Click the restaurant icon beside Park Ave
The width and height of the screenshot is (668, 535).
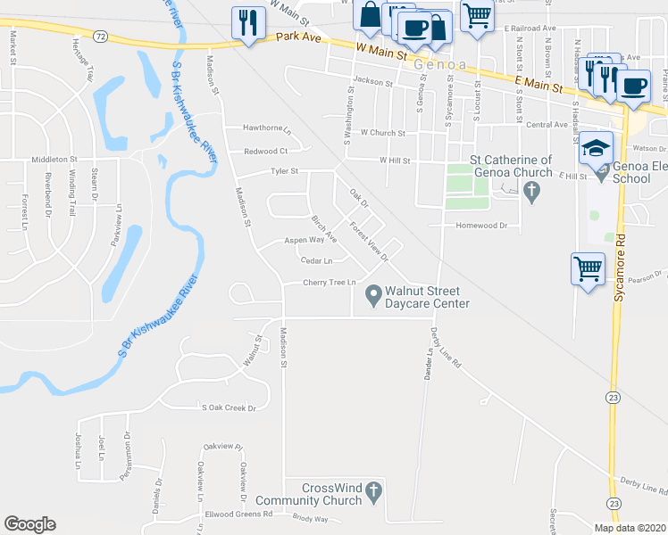tap(246, 22)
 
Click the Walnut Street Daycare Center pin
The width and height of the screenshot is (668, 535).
tap(373, 292)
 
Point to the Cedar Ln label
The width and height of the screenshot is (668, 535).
tap(317, 260)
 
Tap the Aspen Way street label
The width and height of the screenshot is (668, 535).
tap(304, 240)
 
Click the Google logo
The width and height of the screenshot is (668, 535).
tap(29, 523)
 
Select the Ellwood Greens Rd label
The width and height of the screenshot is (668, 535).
tap(238, 514)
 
